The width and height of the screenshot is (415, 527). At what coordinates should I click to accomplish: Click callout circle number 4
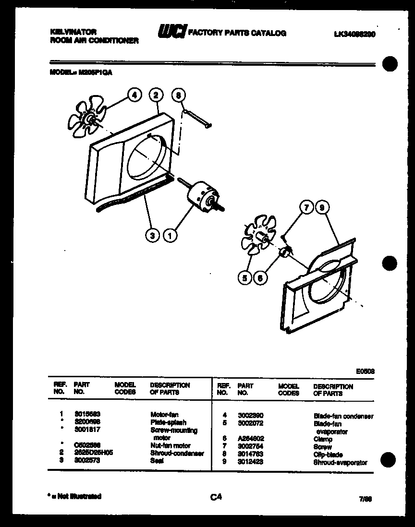pyautogui.click(x=134, y=96)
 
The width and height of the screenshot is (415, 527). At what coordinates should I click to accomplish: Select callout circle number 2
pyautogui.click(x=156, y=95)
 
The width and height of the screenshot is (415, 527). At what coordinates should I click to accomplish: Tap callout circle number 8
pyautogui.click(x=178, y=95)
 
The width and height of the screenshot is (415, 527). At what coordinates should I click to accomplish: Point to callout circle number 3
pyautogui.click(x=152, y=235)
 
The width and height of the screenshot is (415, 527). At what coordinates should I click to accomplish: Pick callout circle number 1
pyautogui.click(x=170, y=235)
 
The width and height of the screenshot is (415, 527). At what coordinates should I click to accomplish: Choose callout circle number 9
pyautogui.click(x=322, y=207)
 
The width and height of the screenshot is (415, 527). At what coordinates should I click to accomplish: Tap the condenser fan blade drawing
pyautogui.click(x=89, y=118)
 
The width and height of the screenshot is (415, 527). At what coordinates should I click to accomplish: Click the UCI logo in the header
pyautogui.click(x=171, y=33)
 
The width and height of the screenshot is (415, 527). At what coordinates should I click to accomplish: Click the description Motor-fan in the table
pyautogui.click(x=165, y=413)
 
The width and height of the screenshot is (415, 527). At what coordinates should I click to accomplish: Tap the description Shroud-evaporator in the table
pyautogui.click(x=340, y=463)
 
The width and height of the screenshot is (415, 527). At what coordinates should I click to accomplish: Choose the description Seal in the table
pyautogui.click(x=157, y=460)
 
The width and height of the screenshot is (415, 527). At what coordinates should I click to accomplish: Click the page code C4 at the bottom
pyautogui.click(x=216, y=497)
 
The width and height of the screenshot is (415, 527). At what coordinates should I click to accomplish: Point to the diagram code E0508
pyautogui.click(x=365, y=371)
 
